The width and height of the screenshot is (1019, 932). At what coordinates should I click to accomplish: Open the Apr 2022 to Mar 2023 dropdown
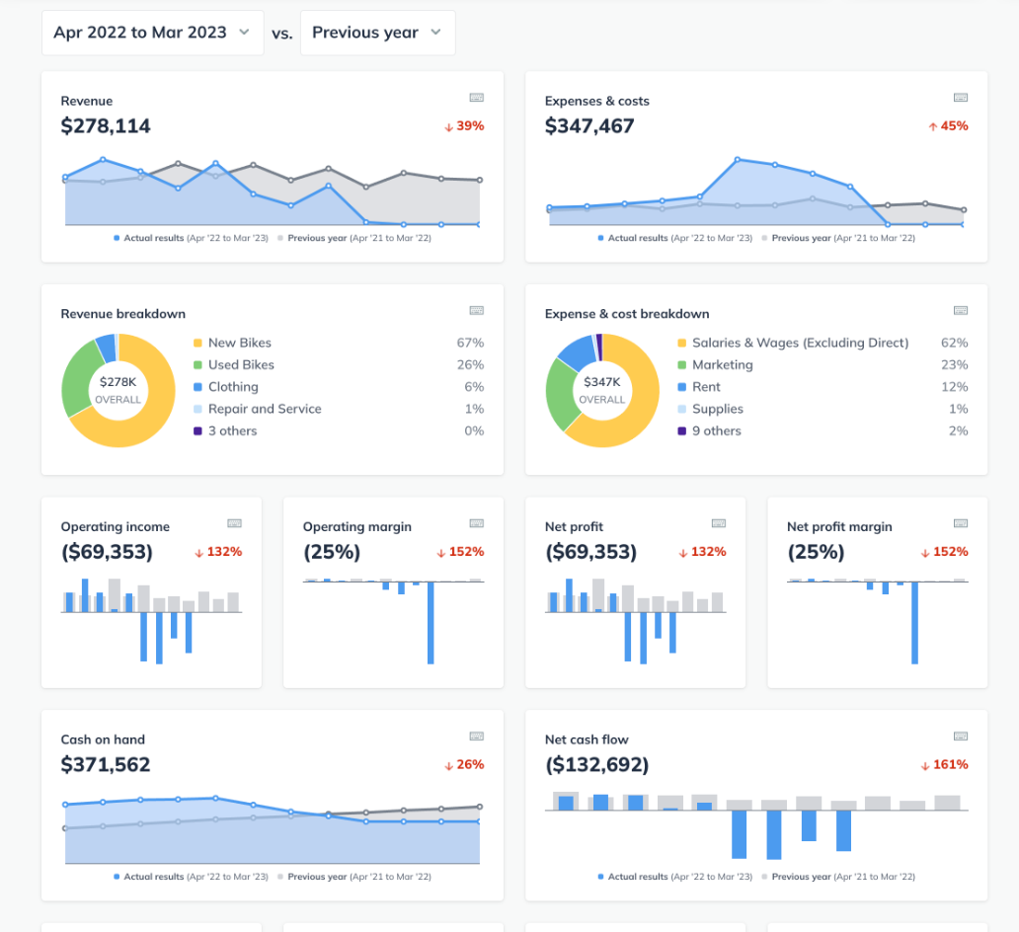[152, 33]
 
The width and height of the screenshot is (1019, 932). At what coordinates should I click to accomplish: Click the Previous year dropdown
[377, 33]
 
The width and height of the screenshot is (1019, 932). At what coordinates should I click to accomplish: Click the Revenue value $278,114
[106, 126]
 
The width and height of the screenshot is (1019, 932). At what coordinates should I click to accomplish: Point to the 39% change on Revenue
[464, 126]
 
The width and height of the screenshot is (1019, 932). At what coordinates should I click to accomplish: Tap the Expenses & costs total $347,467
[589, 126]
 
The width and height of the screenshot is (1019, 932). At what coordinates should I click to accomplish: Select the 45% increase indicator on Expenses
[948, 126]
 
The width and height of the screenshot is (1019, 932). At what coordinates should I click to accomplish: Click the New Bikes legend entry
[239, 343]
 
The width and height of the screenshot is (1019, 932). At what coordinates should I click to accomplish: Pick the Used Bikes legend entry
[241, 364]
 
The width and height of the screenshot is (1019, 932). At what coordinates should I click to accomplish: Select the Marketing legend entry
[722, 364]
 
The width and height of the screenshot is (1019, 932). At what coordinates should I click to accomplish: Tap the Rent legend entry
[706, 387]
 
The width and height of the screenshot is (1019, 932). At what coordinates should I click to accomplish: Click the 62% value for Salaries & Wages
[954, 343]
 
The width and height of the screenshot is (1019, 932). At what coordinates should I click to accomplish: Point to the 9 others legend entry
[716, 430]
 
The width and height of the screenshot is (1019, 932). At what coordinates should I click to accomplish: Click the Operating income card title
[115, 527]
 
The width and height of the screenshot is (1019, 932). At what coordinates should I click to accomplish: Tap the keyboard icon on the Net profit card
[718, 523]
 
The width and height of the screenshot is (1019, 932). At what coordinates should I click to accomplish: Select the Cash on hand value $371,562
[106, 765]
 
